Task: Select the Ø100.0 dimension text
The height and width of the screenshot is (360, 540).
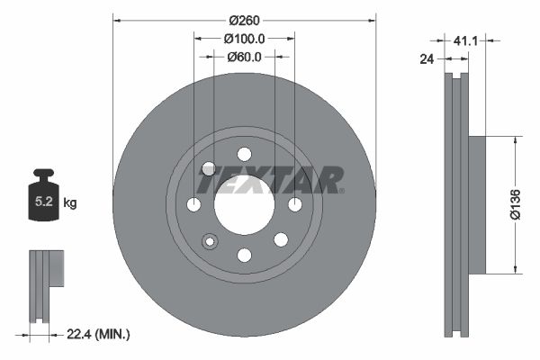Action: [244, 39]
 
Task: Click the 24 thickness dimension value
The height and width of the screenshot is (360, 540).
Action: [427, 59]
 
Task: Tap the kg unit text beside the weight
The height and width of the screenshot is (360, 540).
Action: [70, 203]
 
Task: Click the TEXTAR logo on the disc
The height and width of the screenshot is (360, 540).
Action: [270, 180]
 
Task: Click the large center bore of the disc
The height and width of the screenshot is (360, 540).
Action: [244, 204]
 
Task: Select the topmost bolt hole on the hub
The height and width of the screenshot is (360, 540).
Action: [244, 154]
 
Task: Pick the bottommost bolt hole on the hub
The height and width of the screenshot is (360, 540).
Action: [244, 256]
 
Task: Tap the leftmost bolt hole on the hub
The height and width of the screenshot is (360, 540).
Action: [193, 205]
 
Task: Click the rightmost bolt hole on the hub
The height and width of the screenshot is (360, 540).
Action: [294, 205]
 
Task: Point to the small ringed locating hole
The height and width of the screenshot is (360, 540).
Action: [211, 240]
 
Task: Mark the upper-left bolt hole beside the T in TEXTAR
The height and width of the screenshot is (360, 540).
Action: [209, 169]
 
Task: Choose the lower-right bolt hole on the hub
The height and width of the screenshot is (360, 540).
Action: [280, 239]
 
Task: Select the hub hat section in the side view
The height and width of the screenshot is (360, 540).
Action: [475, 204]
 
